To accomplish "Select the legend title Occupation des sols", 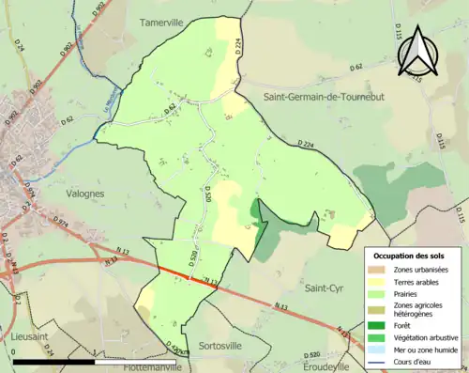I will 409,256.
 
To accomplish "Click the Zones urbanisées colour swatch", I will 380,270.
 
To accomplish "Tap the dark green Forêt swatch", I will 380,326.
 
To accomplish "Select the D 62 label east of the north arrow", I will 356,67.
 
